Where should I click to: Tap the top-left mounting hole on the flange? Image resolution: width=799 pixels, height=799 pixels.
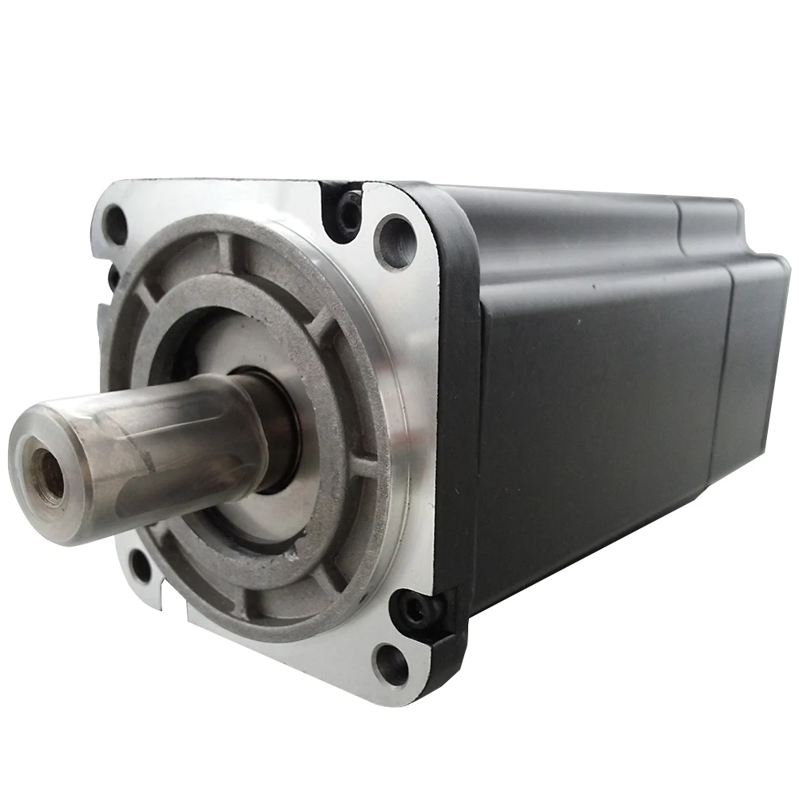(x=117, y=225)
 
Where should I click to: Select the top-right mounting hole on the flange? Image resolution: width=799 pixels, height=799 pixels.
(x=395, y=241)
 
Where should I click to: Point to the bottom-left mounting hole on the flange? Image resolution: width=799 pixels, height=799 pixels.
(x=141, y=566)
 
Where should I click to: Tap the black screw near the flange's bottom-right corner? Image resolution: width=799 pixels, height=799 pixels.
(x=414, y=612)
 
